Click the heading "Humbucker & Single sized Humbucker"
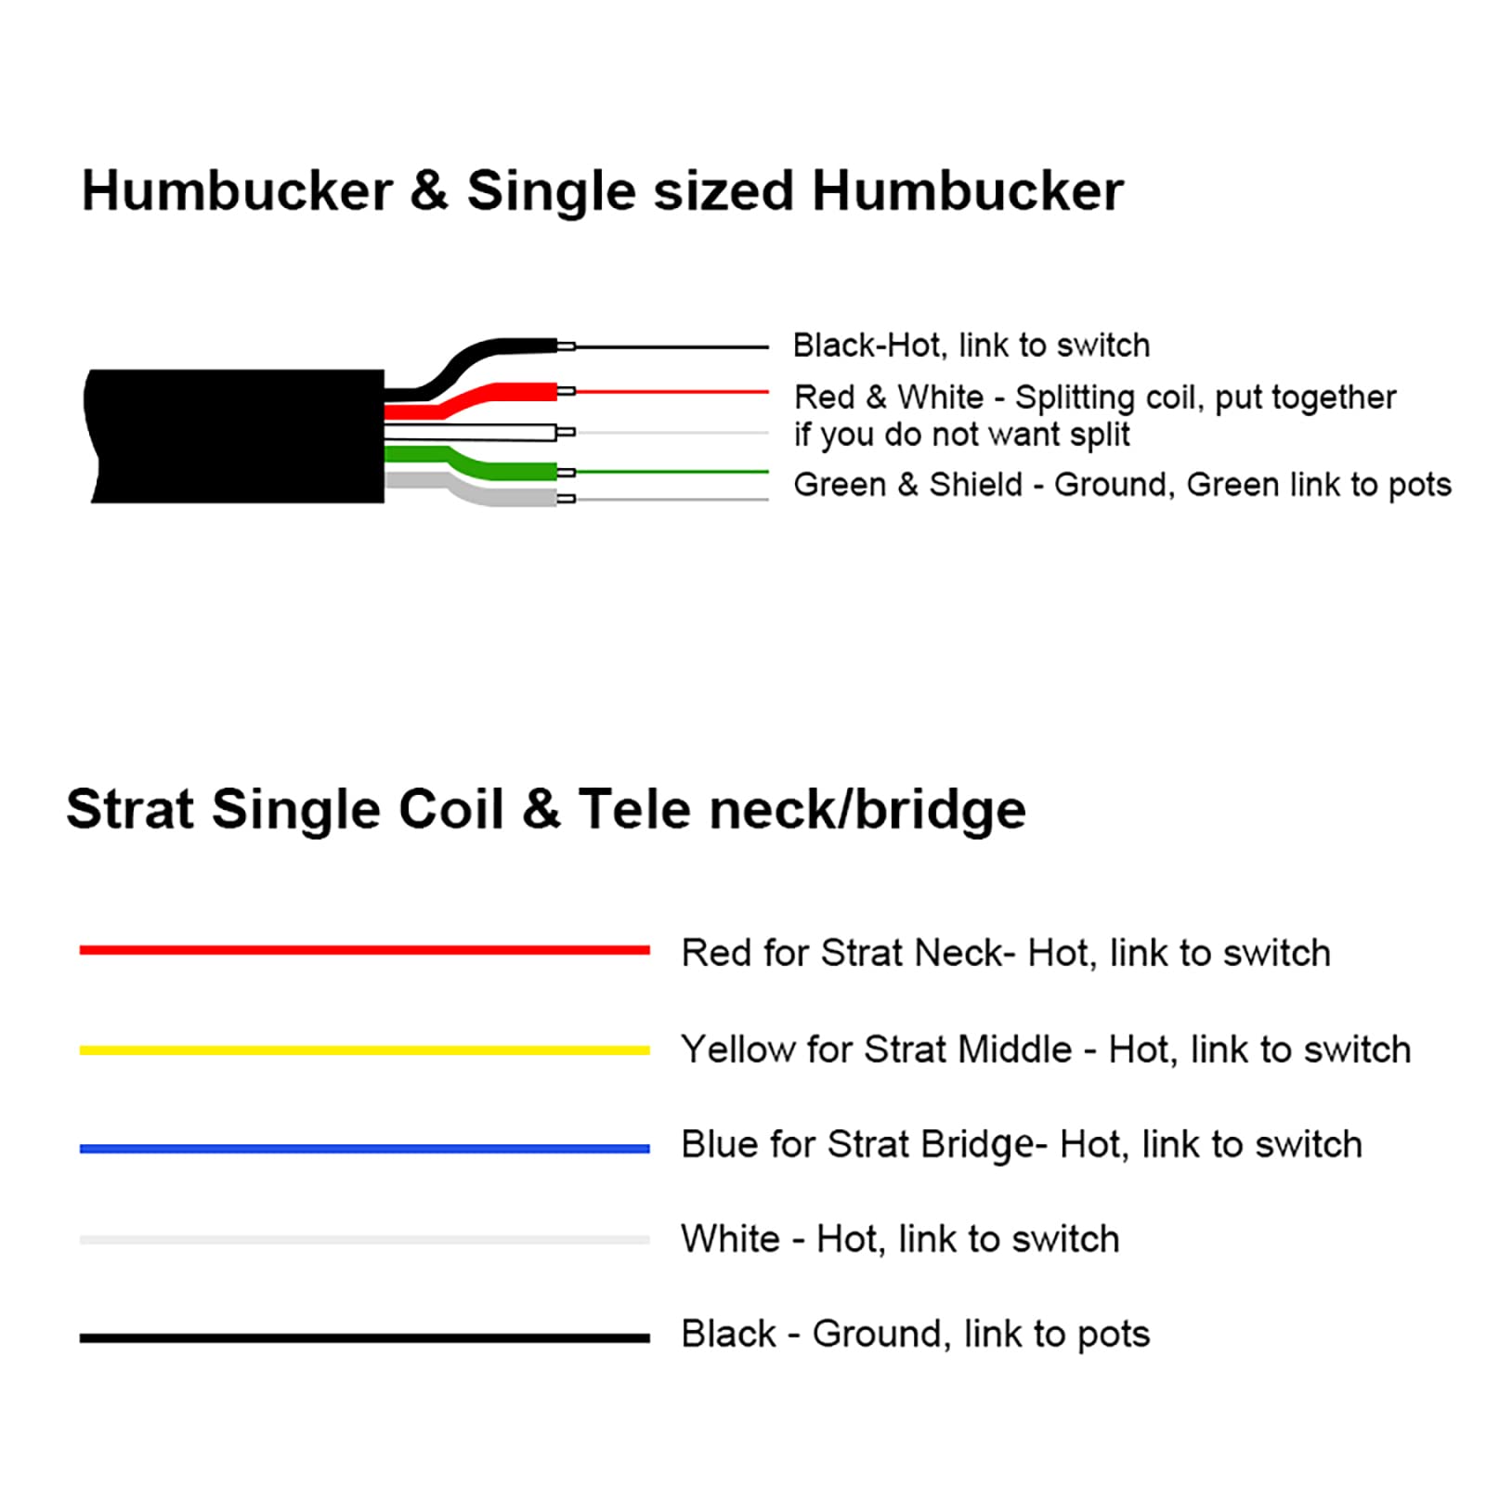pos(602,191)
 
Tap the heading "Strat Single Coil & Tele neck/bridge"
pos(546,809)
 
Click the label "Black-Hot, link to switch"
pos(971,345)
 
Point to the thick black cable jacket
pos(236,437)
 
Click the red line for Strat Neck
pos(365,950)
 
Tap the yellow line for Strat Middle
pos(365,1050)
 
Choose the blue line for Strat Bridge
pos(365,1149)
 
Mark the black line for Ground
pos(365,1338)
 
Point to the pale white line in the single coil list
pos(365,1240)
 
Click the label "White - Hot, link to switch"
pos(901,1239)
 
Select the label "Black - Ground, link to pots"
pos(916,1335)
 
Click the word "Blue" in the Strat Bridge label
pos(720,1144)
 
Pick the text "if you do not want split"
pos(962,435)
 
